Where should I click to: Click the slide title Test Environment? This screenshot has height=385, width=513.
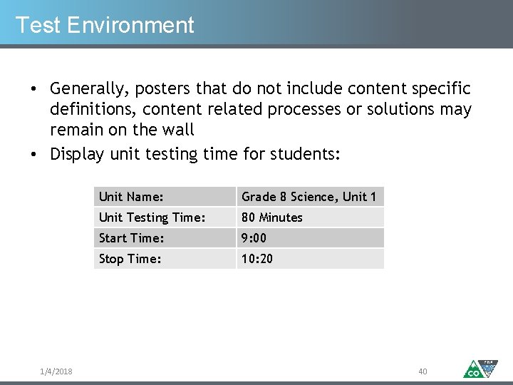[x=105, y=25]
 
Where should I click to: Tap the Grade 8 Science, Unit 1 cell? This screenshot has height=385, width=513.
[x=309, y=197]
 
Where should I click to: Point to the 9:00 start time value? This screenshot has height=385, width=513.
[x=254, y=238]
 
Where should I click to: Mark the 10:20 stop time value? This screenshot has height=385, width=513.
[x=256, y=259]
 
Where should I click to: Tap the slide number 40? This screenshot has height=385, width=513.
[x=423, y=371]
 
